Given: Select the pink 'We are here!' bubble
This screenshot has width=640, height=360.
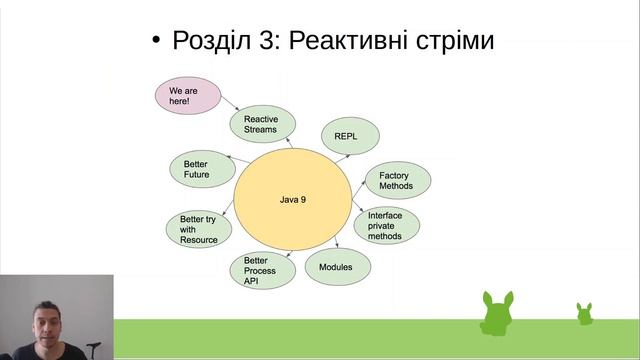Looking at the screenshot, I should tap(186, 97).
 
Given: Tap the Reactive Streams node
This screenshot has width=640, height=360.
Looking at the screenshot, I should tap(263, 124).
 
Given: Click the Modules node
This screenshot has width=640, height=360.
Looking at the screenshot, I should tap(335, 268).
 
